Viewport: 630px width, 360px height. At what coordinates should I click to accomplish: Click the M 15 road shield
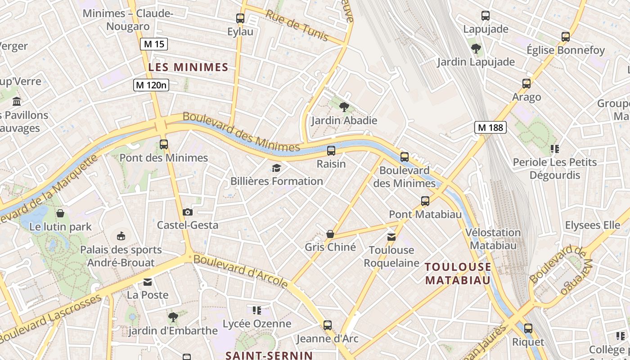pyautogui.click(x=154, y=44)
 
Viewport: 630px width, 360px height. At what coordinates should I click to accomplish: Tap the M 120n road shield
pyautogui.click(x=151, y=85)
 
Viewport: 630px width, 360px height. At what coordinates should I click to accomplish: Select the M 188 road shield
pyautogui.click(x=490, y=127)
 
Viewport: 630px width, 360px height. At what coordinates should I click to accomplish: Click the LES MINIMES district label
pyautogui.click(x=189, y=67)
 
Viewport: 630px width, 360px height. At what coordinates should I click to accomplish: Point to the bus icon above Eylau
pyautogui.click(x=240, y=18)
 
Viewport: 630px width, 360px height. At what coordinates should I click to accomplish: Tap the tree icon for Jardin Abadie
pyautogui.click(x=344, y=107)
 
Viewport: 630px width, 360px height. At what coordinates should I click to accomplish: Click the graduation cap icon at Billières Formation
pyautogui.click(x=276, y=168)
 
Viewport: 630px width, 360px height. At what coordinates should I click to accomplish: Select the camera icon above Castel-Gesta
pyautogui.click(x=188, y=212)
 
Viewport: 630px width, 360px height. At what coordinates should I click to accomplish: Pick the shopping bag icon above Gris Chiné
pyautogui.click(x=330, y=234)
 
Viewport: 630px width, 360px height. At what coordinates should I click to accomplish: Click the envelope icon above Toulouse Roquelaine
pyautogui.click(x=391, y=237)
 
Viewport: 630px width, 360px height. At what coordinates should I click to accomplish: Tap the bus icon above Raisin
pyautogui.click(x=331, y=151)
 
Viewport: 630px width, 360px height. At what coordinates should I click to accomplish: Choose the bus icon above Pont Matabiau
pyautogui.click(x=425, y=201)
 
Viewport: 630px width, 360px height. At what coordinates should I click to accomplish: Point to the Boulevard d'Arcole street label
pyautogui.click(x=240, y=271)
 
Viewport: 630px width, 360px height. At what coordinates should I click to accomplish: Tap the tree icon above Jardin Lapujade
pyautogui.click(x=476, y=49)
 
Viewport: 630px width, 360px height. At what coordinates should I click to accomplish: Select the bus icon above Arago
pyautogui.click(x=526, y=84)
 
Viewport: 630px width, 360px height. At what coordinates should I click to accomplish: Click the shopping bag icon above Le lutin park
pyautogui.click(x=60, y=213)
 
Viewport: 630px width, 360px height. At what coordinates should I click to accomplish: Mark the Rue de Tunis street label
pyautogui.click(x=297, y=25)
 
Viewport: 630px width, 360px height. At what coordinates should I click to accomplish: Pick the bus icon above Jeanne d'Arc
pyautogui.click(x=328, y=325)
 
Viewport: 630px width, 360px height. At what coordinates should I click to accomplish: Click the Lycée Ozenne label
pyautogui.click(x=257, y=324)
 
